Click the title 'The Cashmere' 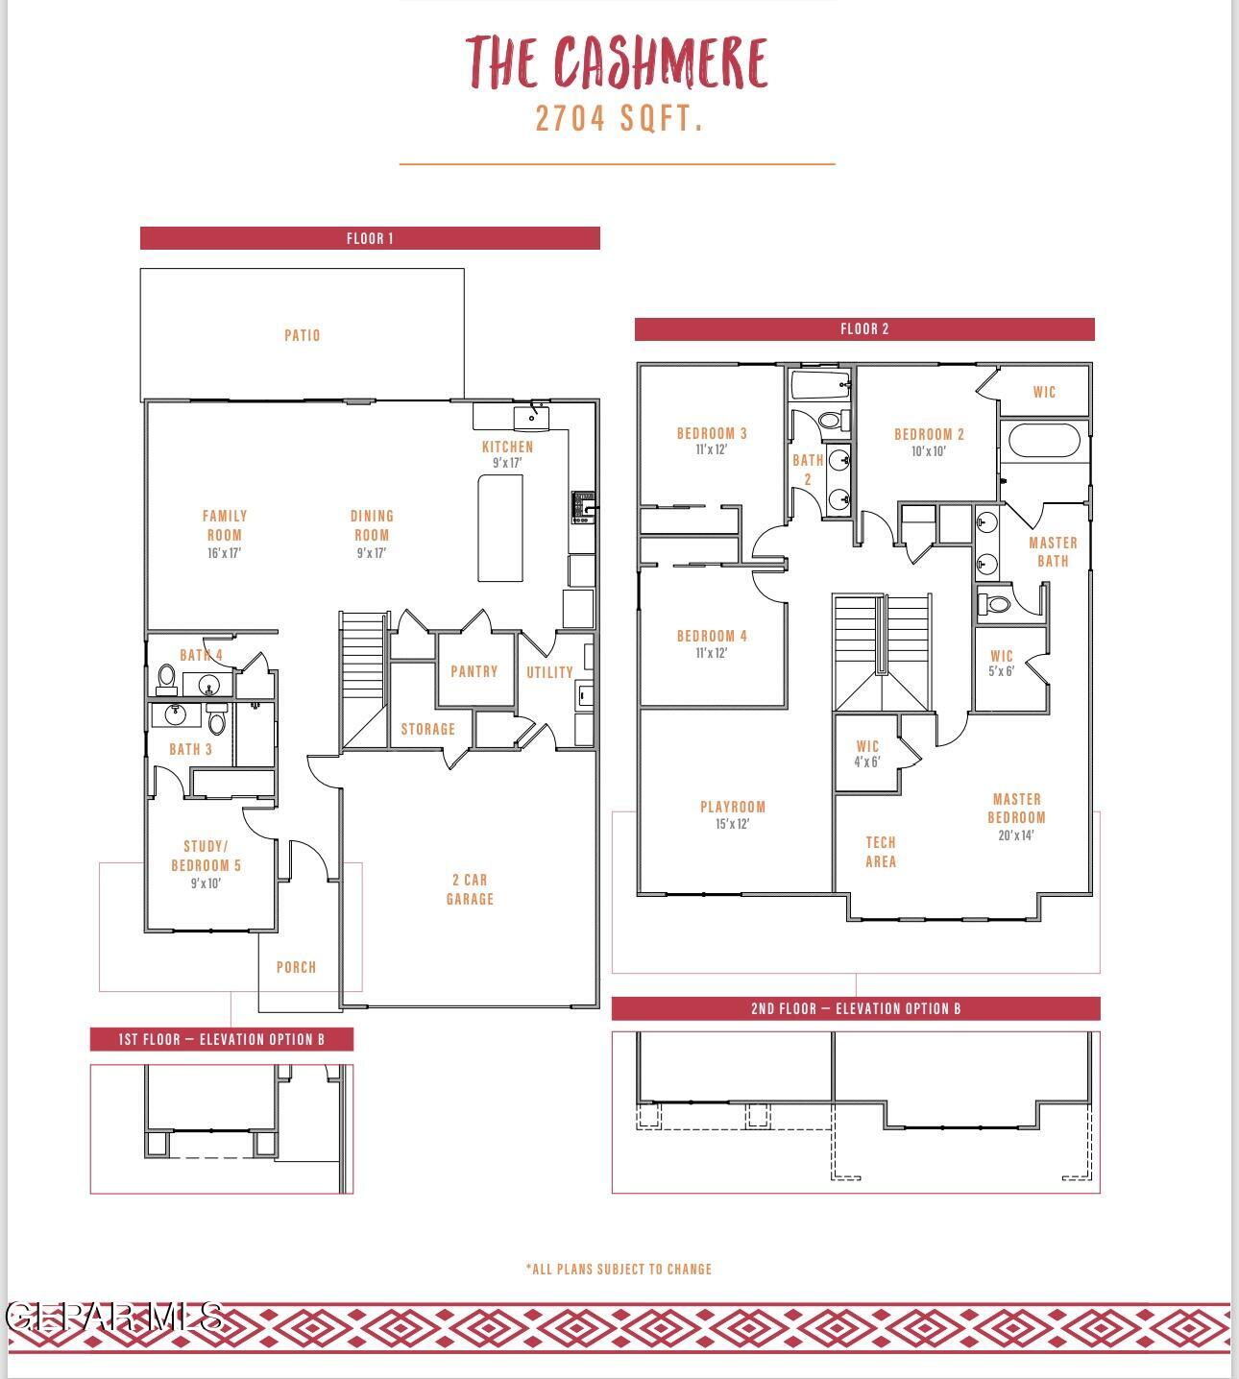pyautogui.click(x=618, y=62)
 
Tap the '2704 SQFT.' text pyautogui.click(x=619, y=119)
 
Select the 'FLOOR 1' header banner pyautogui.click(x=370, y=238)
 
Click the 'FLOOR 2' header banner pyautogui.click(x=864, y=329)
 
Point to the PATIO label pyautogui.click(x=302, y=335)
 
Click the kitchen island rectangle pyautogui.click(x=500, y=527)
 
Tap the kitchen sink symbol pyautogui.click(x=531, y=417)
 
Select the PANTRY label pyautogui.click(x=474, y=671)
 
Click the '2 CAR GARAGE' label pyautogui.click(x=470, y=889)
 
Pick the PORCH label pyautogui.click(x=296, y=967)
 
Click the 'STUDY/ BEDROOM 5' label pyautogui.click(x=206, y=856)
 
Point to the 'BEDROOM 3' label pyautogui.click(x=712, y=433)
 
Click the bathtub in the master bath pyautogui.click(x=1044, y=442)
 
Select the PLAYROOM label pyautogui.click(x=733, y=807)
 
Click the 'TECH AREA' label pyautogui.click(x=881, y=852)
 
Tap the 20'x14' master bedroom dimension pyautogui.click(x=1016, y=835)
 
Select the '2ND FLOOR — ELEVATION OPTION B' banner pyautogui.click(x=856, y=1008)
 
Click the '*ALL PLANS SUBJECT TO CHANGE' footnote pyautogui.click(x=619, y=1269)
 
